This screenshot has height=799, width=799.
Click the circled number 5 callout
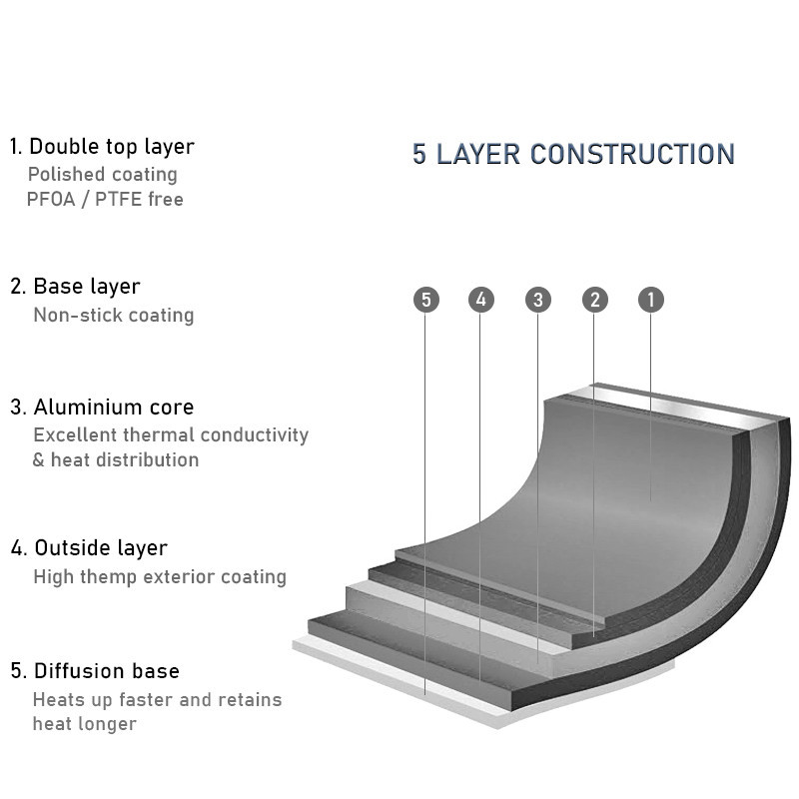click(x=426, y=300)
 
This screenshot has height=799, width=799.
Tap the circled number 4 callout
click(x=481, y=299)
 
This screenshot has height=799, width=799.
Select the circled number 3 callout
click(x=538, y=300)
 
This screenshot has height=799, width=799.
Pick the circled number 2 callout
click(x=594, y=300)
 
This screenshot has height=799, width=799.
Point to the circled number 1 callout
click(x=651, y=299)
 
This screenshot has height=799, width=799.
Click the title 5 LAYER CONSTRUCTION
click(x=573, y=154)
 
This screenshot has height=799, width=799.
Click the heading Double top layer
click(x=112, y=147)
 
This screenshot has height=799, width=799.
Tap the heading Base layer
click(x=87, y=287)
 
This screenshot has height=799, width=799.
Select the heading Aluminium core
click(x=114, y=407)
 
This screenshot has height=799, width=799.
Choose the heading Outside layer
click(x=101, y=548)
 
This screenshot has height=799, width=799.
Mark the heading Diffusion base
click(x=107, y=671)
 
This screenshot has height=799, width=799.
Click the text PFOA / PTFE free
click(x=105, y=199)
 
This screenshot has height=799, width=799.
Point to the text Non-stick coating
click(x=114, y=316)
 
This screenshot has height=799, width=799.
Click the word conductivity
click(x=255, y=435)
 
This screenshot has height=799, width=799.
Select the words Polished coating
click(x=103, y=175)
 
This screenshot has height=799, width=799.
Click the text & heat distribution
click(x=116, y=460)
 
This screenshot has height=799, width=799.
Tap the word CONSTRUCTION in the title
click(x=632, y=154)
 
